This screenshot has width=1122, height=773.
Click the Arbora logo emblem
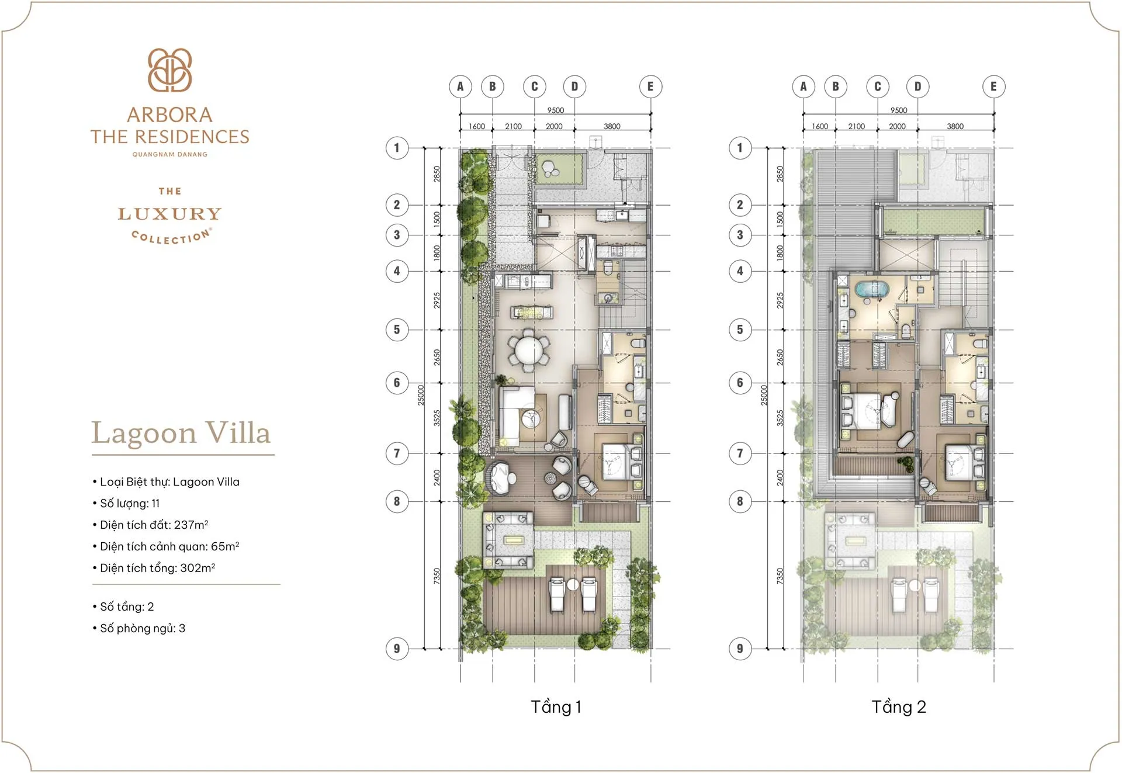click(169, 70)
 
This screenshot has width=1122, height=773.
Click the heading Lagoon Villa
click(181, 434)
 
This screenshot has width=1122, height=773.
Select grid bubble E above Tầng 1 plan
click(650, 86)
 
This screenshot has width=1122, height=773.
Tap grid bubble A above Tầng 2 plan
click(804, 86)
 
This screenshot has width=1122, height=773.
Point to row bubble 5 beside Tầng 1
click(397, 330)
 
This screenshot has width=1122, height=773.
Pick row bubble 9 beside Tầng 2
click(740, 649)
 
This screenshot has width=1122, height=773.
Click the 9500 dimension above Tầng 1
click(555, 110)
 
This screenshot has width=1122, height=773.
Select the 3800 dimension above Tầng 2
click(955, 126)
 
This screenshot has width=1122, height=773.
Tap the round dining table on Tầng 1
click(529, 351)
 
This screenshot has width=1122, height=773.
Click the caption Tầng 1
click(555, 707)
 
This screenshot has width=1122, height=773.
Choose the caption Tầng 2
click(898, 707)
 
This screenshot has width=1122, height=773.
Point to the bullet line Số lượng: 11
click(130, 503)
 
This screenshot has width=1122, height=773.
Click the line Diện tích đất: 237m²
click(154, 525)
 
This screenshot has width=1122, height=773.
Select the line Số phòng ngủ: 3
click(142, 628)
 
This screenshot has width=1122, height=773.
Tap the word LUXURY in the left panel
click(169, 214)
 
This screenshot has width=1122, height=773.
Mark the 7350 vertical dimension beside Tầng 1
click(437, 576)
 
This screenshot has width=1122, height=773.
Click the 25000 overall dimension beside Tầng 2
click(764, 395)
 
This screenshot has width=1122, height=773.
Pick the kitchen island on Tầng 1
click(532, 313)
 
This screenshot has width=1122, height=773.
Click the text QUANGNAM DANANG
click(169, 154)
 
